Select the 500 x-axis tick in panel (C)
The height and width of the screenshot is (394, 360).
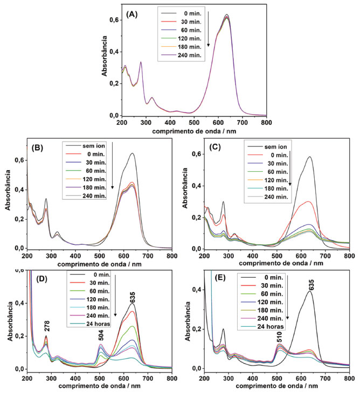point(277,256)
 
